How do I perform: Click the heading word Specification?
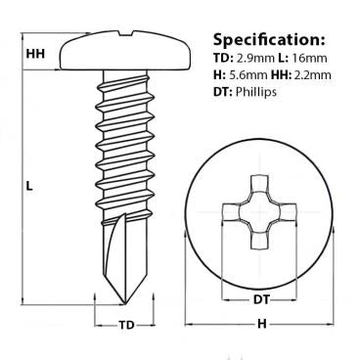click(266, 41)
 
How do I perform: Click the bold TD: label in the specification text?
click(223, 67)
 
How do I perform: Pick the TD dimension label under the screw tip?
click(126, 325)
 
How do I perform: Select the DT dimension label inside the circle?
click(254, 299)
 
